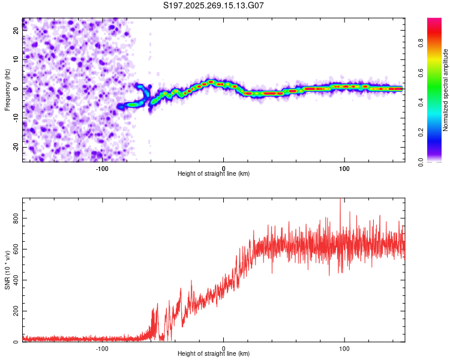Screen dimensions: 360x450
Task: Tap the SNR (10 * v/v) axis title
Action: [x=8, y=270]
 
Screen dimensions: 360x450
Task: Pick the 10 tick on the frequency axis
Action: [x=16, y=59]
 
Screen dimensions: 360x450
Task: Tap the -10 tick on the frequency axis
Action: [x=15, y=118]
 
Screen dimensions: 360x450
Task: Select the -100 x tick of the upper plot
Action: [x=102, y=168]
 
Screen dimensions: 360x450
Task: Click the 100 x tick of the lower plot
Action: [x=344, y=349]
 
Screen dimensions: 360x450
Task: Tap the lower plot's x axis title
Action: [x=214, y=355]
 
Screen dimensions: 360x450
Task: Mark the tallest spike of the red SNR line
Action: [x=340, y=200]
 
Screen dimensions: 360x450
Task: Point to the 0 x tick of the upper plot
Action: [x=223, y=168]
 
